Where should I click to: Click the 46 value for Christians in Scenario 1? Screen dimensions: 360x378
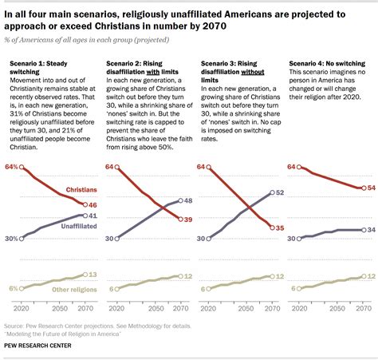pos(93,205)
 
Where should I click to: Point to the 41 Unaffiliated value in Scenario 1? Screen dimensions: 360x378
pos(93,216)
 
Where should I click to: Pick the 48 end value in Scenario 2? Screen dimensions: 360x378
pos(189,201)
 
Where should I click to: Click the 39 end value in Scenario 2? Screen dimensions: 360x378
pos(189,220)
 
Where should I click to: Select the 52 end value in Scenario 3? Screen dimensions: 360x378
pos(280,192)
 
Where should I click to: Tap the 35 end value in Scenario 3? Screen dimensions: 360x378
pos(280,228)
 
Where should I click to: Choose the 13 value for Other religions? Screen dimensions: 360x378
pos(93,274)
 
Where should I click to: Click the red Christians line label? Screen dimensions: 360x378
pos(81,192)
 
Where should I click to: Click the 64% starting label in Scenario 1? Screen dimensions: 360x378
pos(12,166)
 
